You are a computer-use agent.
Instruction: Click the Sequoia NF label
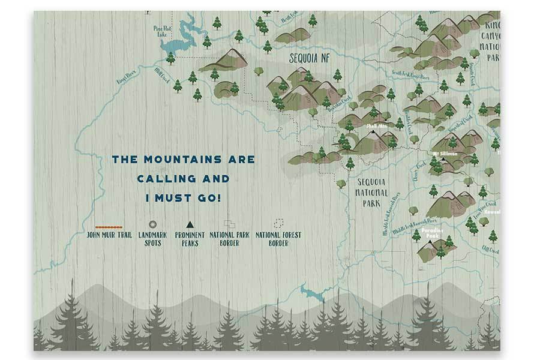pos(309,59)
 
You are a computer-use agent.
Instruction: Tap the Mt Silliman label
pos(445,154)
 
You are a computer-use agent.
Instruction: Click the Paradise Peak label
pos(431,233)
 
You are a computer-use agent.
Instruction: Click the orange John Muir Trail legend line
pos(109,227)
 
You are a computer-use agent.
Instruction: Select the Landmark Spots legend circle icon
pos(152,224)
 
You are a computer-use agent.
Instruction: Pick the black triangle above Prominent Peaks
pos(190,224)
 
